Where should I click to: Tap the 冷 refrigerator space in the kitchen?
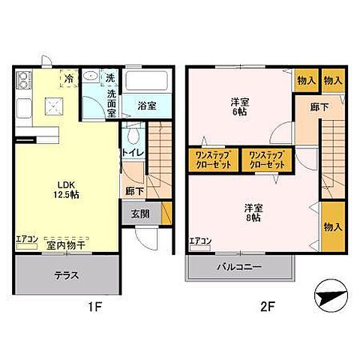pos(69,78)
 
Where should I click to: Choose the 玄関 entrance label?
pos(140,211)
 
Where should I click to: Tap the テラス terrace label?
pos(65,274)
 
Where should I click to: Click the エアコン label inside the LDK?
pos(26,240)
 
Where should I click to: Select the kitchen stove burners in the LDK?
pos(22,79)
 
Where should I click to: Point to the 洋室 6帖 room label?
pos(240,106)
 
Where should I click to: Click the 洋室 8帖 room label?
pos(253,211)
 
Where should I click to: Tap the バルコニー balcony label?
pos(241,266)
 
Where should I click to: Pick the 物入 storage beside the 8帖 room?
pos(334,226)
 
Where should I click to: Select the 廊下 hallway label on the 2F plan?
pos(319,107)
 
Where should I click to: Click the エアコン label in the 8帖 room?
pos(199,241)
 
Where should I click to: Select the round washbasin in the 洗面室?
pos(90,78)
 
